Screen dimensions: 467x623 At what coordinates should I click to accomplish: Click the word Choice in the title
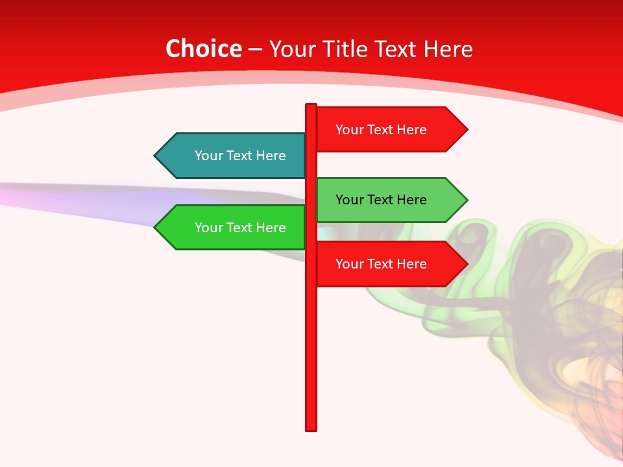click(x=203, y=49)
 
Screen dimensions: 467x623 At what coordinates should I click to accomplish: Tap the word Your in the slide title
click(x=293, y=49)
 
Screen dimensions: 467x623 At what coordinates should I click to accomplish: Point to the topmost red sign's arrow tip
click(x=467, y=129)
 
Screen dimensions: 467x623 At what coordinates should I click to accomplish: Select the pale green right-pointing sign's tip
click(x=467, y=200)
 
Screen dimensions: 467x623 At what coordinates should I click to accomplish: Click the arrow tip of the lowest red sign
click(x=467, y=264)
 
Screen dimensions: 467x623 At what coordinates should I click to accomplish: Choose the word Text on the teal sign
click(x=241, y=156)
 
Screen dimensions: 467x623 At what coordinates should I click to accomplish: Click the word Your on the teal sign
click(x=208, y=156)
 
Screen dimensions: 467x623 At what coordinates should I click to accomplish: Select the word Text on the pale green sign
click(x=382, y=200)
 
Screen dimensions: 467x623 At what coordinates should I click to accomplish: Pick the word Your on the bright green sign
click(x=208, y=228)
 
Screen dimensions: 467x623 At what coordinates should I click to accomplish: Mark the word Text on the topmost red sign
click(x=382, y=130)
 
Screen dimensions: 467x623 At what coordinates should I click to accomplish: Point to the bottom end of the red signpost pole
click(x=311, y=428)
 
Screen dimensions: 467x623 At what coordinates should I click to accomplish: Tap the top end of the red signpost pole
click(x=311, y=106)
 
